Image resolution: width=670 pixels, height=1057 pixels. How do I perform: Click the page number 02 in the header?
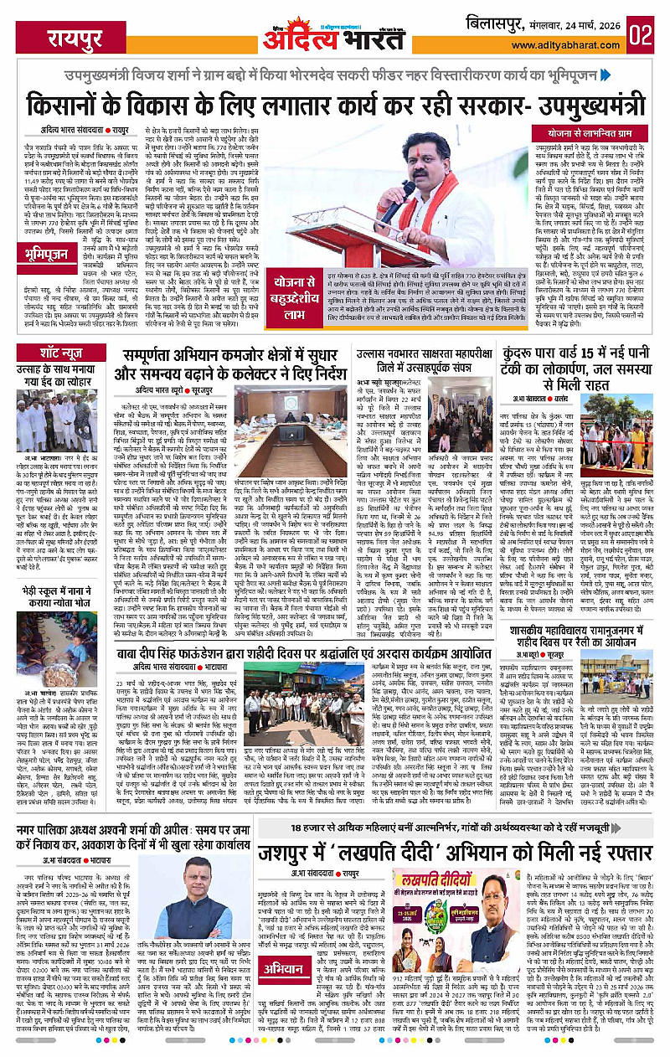(x=640, y=35)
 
